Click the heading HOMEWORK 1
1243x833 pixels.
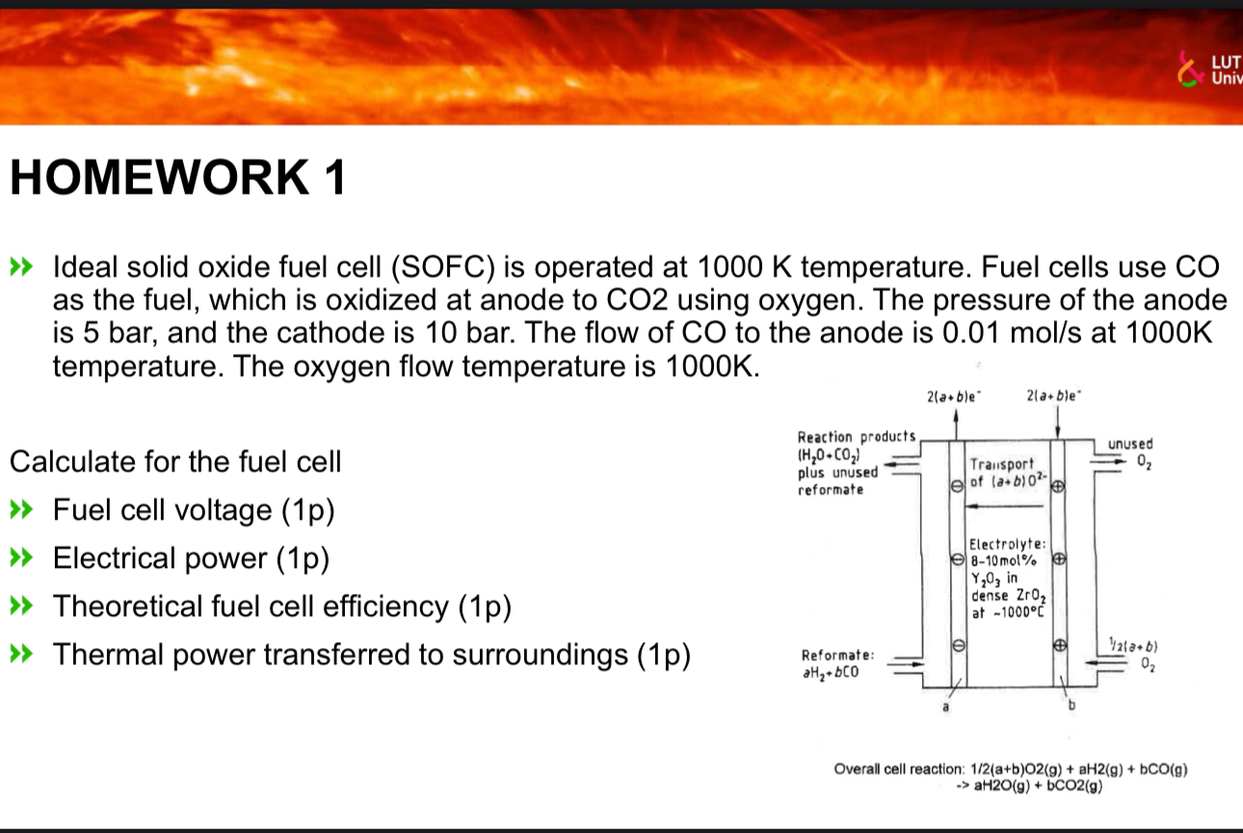coord(176,179)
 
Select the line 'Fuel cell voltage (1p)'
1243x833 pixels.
coord(194,510)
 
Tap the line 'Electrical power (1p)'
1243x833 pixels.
coord(191,558)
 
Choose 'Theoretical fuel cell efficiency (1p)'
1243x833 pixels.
coord(281,606)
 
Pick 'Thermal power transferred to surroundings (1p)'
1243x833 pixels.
coord(372,655)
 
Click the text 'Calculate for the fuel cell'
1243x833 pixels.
coord(174,462)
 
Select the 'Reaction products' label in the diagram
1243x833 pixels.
coord(855,437)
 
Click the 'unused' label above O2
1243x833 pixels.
coord(1129,444)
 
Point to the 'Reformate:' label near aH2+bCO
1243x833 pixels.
coord(836,655)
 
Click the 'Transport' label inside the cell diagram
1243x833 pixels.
coord(1002,463)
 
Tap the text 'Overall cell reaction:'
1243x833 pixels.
coord(898,768)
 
